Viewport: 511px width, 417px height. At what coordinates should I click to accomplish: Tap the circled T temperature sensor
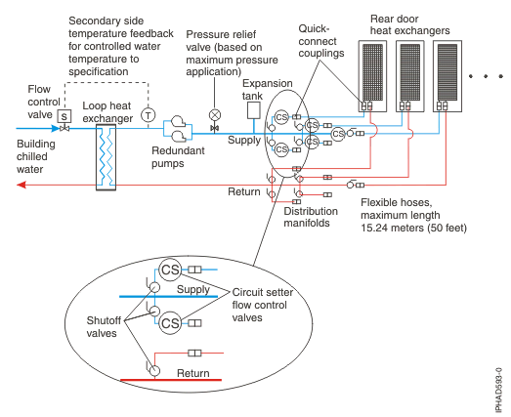click(x=149, y=114)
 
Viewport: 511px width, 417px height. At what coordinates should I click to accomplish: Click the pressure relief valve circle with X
click(x=214, y=113)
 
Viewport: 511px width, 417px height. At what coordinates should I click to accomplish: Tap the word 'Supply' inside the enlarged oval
click(x=194, y=290)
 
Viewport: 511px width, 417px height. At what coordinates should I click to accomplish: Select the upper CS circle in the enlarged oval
click(x=172, y=269)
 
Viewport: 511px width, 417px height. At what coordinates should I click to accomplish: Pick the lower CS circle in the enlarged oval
click(x=171, y=321)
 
